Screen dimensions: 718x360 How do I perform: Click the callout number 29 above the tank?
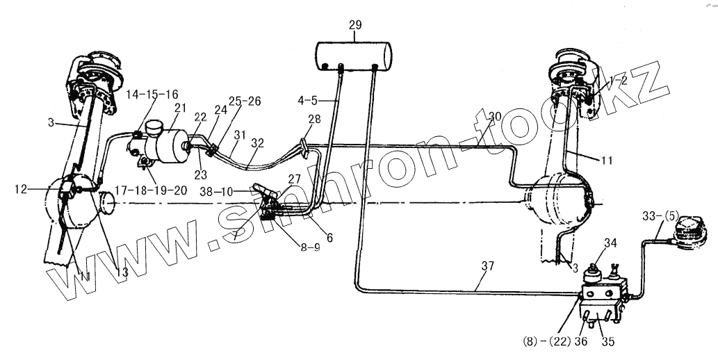pos(355,25)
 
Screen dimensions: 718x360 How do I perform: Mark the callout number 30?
pos(496,116)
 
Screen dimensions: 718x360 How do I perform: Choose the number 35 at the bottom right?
pos(608,341)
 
